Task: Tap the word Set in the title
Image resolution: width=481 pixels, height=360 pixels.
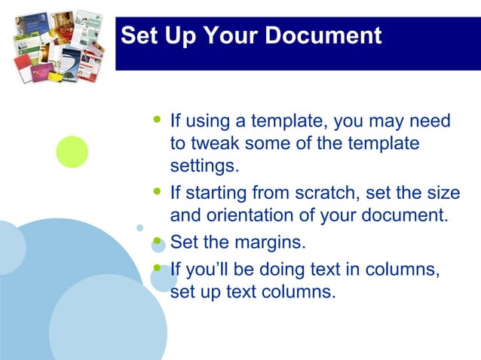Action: (x=138, y=35)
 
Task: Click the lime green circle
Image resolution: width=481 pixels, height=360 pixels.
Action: (x=72, y=151)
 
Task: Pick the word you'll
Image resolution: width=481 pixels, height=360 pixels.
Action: (x=208, y=268)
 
